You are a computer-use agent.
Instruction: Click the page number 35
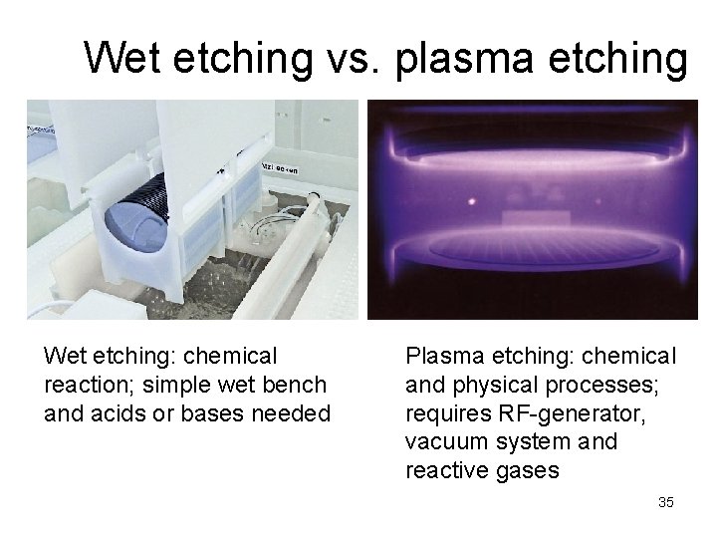(665, 502)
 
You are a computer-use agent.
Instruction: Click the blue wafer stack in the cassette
(135, 223)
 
